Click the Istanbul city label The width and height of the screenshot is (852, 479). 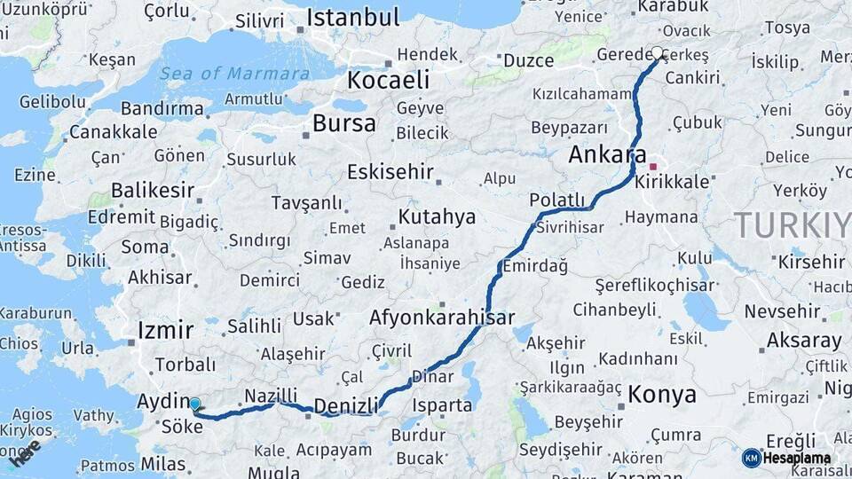pos(353,19)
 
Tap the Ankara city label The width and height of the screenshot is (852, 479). pos(607,153)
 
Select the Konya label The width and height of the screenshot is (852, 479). pos(662,395)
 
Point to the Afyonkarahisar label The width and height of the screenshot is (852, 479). pos(442,317)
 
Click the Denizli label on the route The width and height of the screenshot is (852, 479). pos(346,405)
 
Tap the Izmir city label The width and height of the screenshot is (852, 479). pos(165,331)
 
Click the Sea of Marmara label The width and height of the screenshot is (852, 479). pos(235,73)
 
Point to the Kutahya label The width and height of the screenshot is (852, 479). pos(437,217)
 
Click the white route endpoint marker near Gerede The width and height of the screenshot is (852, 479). pos(658,52)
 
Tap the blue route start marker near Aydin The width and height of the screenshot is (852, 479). pos(194,404)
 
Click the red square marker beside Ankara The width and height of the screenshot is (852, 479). pos(653,166)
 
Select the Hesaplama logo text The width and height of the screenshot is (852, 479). pos(797,459)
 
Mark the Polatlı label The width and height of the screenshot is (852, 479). pos(556,199)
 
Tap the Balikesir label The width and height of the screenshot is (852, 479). pos(152,190)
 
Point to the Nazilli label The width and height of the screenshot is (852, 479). pos(270,395)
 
